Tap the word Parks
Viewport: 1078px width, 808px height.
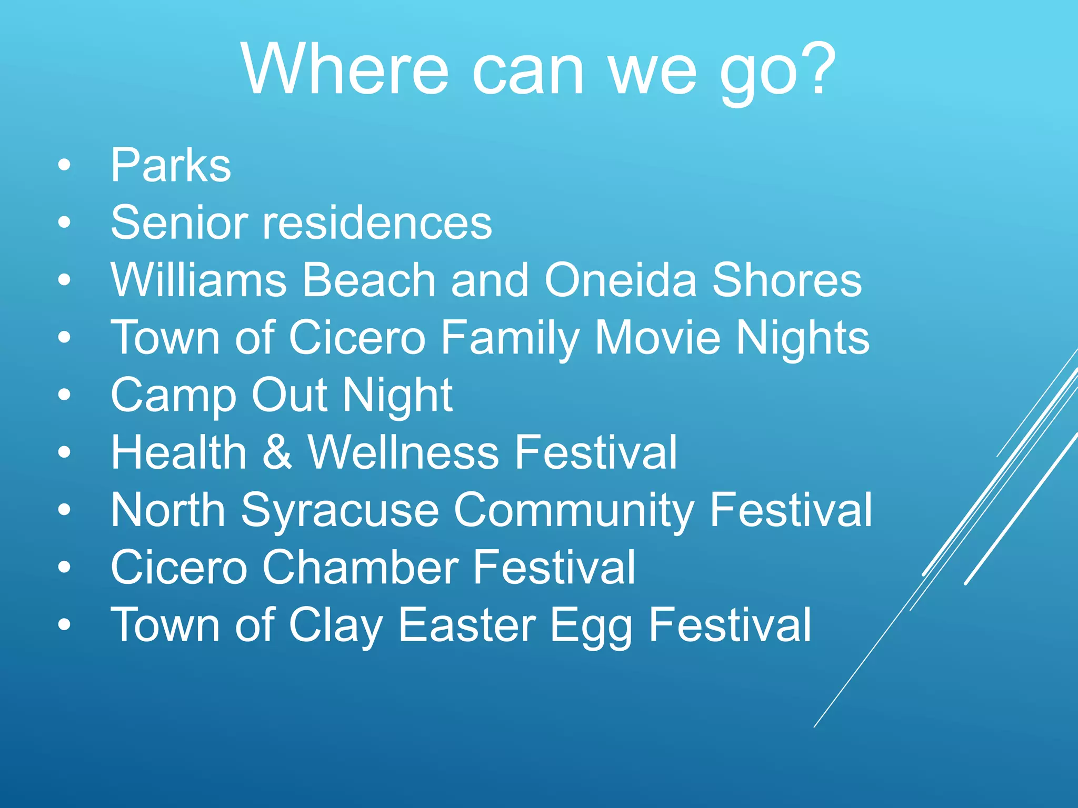tap(171, 165)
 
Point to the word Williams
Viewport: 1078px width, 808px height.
tap(198, 280)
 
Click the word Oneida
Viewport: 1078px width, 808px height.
tap(620, 280)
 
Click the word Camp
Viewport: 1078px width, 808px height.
tap(173, 396)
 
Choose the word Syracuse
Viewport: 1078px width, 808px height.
tap(340, 510)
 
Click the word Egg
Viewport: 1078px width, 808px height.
tap(591, 626)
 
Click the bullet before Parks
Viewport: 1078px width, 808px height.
tap(64, 166)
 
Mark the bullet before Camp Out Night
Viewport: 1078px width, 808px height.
tap(64, 396)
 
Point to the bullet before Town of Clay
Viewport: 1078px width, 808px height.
tap(64, 625)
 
